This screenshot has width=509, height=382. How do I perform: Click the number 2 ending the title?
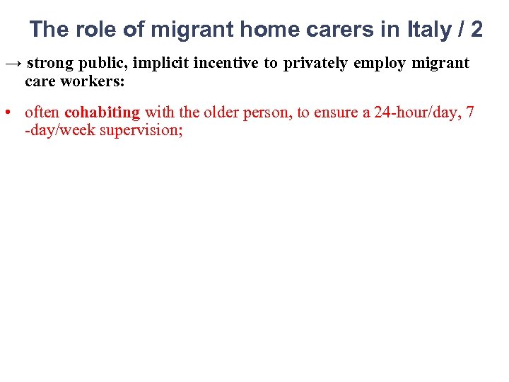[x=476, y=30]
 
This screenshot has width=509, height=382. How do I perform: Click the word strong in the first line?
[x=50, y=64]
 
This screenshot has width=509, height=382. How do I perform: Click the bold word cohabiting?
[x=102, y=112]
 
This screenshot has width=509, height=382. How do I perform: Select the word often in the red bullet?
[x=42, y=112]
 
